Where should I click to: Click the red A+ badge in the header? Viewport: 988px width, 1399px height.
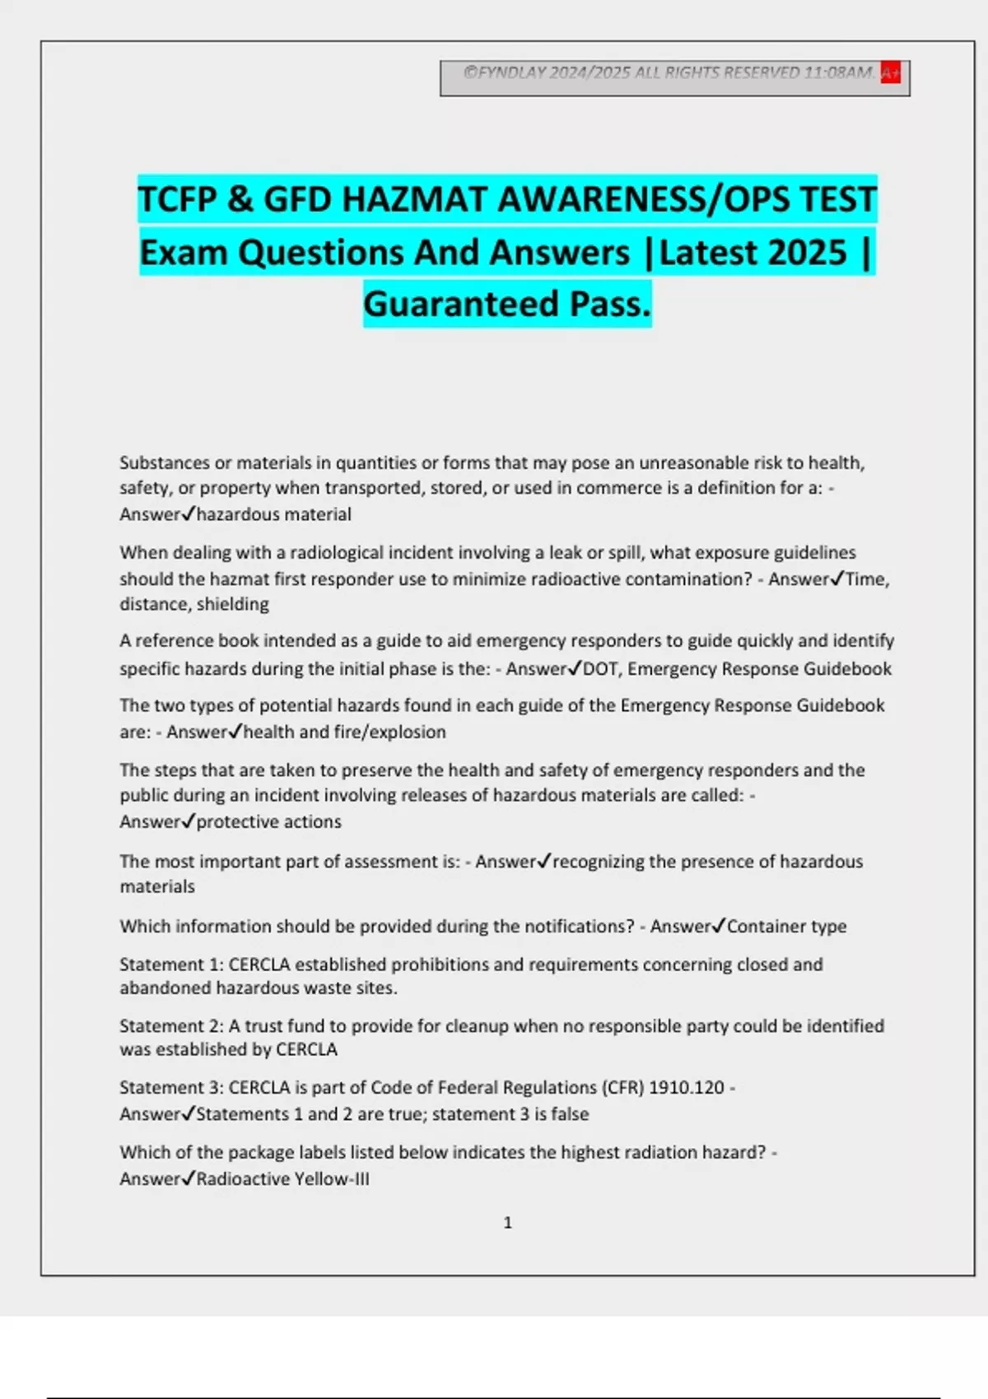(x=890, y=73)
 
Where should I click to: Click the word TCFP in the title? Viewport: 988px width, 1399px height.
(x=177, y=200)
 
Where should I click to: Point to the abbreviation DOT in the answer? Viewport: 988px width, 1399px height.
(x=600, y=669)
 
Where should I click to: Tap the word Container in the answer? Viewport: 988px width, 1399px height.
(x=766, y=927)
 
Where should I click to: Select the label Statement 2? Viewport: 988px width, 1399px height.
(x=171, y=1026)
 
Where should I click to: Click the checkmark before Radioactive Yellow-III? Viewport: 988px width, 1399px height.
(x=188, y=1178)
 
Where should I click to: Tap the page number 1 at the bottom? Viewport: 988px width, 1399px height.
(x=508, y=1223)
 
